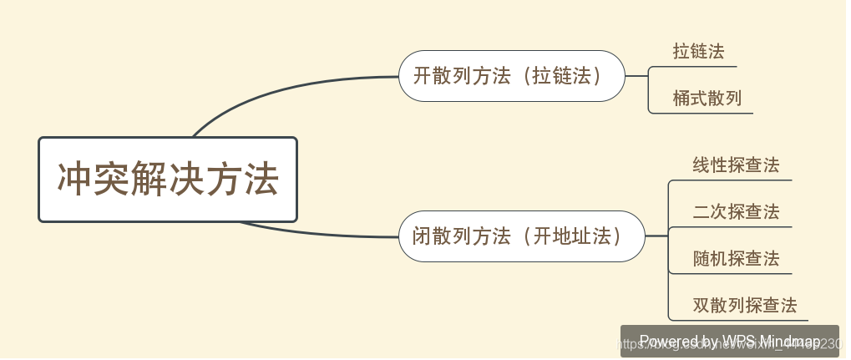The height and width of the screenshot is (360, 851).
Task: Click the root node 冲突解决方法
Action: pyautogui.click(x=168, y=180)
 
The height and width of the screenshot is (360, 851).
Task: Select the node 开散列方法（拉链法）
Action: pyautogui.click(x=511, y=76)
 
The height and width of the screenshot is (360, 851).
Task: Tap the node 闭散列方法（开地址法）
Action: pyautogui.click(x=521, y=236)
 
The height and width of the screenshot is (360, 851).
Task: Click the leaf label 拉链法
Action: pyautogui.click(x=699, y=51)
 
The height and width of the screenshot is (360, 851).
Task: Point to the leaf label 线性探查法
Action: pyautogui.click(x=736, y=165)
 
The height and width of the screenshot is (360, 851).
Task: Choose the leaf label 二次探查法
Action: pyautogui.click(x=736, y=212)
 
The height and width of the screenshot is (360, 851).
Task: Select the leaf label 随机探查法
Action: pyautogui.click(x=736, y=259)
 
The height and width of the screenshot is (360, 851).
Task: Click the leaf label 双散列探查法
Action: pyautogui.click(x=745, y=306)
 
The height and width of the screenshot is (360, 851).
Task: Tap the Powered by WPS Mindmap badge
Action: pyautogui.click(x=729, y=342)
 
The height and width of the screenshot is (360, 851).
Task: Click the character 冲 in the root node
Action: pyautogui.click(x=73, y=180)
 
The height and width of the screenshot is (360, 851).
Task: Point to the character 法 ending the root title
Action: pyautogui.click(x=261, y=180)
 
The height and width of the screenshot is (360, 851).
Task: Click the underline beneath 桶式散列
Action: pyautogui.click(x=702, y=113)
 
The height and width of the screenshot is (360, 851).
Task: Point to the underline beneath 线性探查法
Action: pyautogui.click(x=731, y=180)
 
